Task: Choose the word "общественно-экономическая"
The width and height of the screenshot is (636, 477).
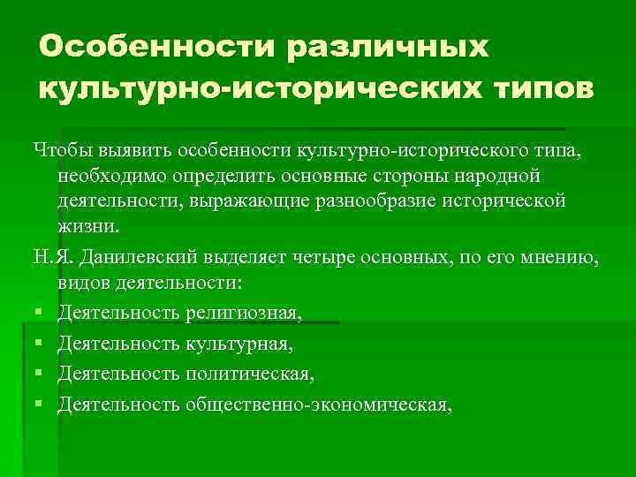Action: (x=317, y=404)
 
